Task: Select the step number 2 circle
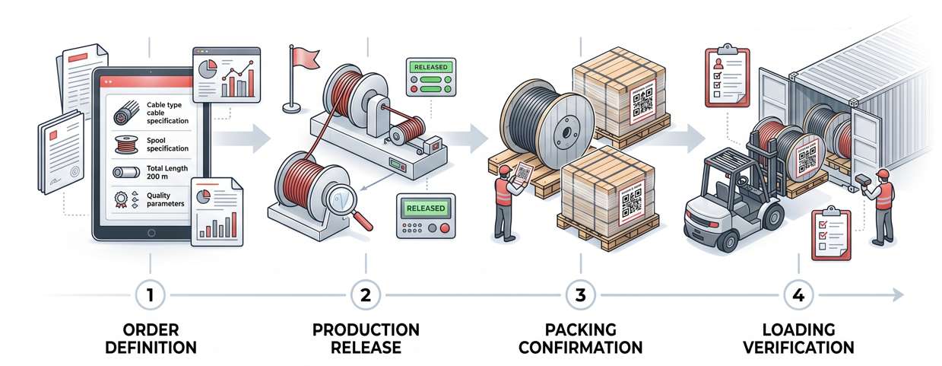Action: (x=366, y=295)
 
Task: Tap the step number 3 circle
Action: (x=581, y=295)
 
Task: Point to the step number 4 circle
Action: (x=798, y=295)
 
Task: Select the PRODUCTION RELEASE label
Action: (x=366, y=339)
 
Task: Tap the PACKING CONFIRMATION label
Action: (x=582, y=339)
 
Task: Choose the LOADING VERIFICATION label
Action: (x=798, y=339)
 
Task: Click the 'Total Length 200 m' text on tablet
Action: (x=166, y=172)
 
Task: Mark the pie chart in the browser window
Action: (x=206, y=69)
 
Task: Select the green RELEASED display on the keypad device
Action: (x=425, y=208)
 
